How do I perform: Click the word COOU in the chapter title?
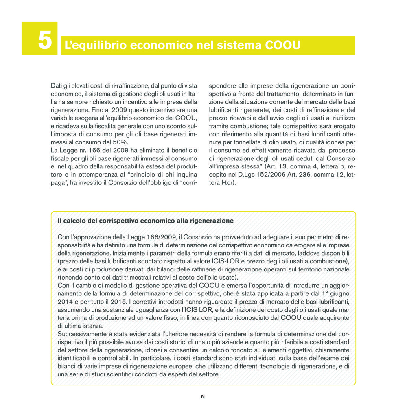[x=282, y=45]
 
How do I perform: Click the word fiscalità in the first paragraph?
[x=102, y=126]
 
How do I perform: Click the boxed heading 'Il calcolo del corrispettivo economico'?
[x=146, y=221]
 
